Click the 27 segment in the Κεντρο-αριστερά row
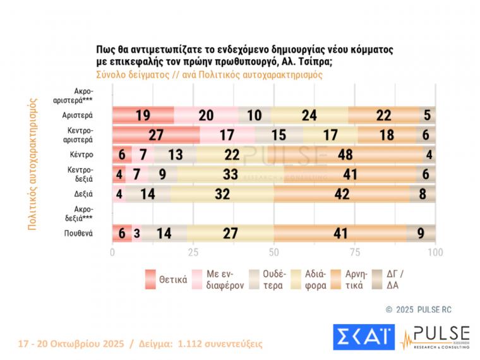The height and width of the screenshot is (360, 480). [156, 135]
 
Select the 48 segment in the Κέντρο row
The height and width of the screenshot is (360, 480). [345, 155]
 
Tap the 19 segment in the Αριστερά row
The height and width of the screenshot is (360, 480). [143, 116]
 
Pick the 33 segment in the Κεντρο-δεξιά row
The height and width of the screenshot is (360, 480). [231, 174]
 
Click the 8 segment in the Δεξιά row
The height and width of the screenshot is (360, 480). [422, 194]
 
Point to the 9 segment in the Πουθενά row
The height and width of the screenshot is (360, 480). [421, 233]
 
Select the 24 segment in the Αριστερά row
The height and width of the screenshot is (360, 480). [309, 116]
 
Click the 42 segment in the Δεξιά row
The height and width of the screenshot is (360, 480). [342, 194]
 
